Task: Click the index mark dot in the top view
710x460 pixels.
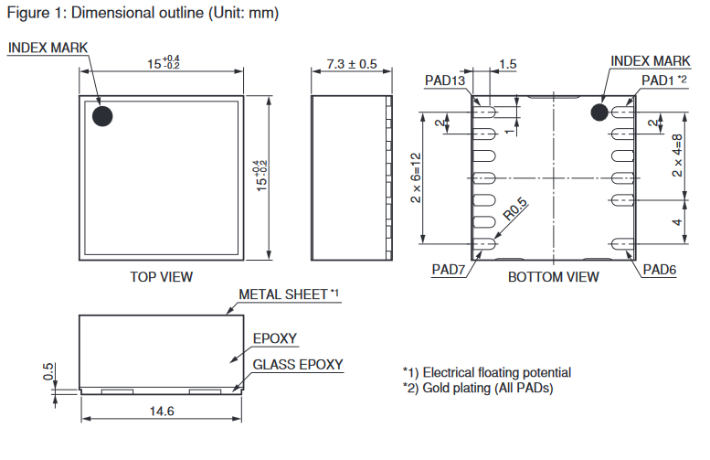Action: coord(102,116)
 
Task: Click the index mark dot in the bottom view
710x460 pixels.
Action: coord(599,112)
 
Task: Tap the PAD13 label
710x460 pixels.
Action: coord(445,80)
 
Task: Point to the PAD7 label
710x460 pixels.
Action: coord(449,270)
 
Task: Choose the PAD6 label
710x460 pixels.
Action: coord(660,270)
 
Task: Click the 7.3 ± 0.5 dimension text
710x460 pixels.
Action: coord(352,64)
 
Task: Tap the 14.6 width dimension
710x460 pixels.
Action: coord(162,411)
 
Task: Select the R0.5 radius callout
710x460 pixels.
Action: coord(515,209)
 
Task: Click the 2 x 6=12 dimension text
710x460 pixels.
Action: coord(416,178)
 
